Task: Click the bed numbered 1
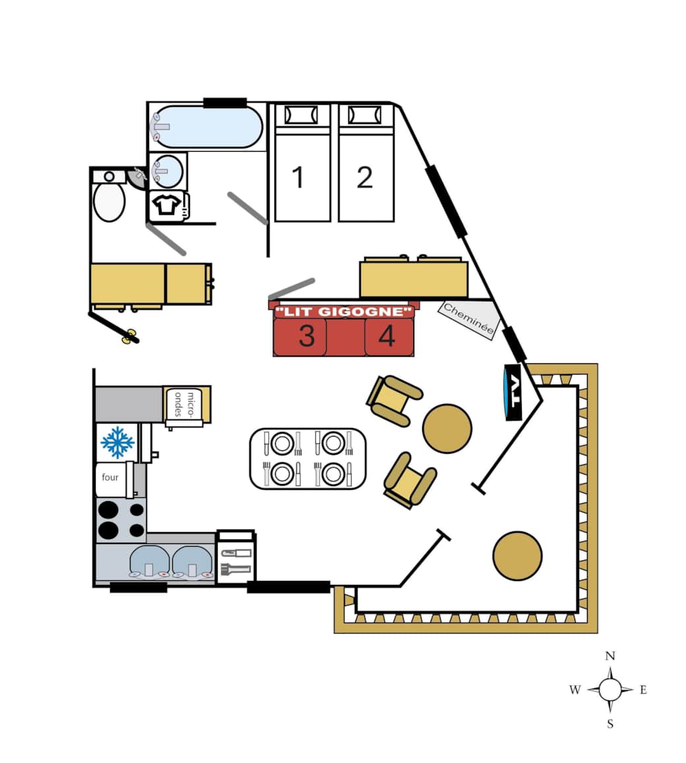pyautogui.click(x=302, y=162)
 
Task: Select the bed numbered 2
pyautogui.click(x=365, y=162)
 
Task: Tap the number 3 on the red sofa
pyautogui.click(x=307, y=336)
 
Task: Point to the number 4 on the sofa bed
pyautogui.click(x=387, y=336)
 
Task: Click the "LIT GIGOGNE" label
pyautogui.click(x=344, y=311)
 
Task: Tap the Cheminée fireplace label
pyautogui.click(x=468, y=319)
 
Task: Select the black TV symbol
pyautogui.click(x=513, y=392)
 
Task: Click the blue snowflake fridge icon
pyautogui.click(x=117, y=443)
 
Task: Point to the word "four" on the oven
pyautogui.click(x=110, y=477)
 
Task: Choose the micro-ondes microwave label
pyautogui.click(x=184, y=404)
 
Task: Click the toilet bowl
pyautogui.click(x=109, y=201)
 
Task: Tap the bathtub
pyautogui.click(x=208, y=127)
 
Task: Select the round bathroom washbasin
pyautogui.click(x=168, y=171)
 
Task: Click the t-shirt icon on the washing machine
pyautogui.click(x=166, y=204)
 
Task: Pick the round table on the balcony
pyautogui.click(x=517, y=556)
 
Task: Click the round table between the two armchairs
pyautogui.click(x=447, y=429)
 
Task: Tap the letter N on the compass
pyautogui.click(x=610, y=656)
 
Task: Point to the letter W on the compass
pyautogui.click(x=575, y=690)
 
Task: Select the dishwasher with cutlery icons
pyautogui.click(x=235, y=557)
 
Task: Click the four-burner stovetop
pyautogui.click(x=121, y=520)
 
